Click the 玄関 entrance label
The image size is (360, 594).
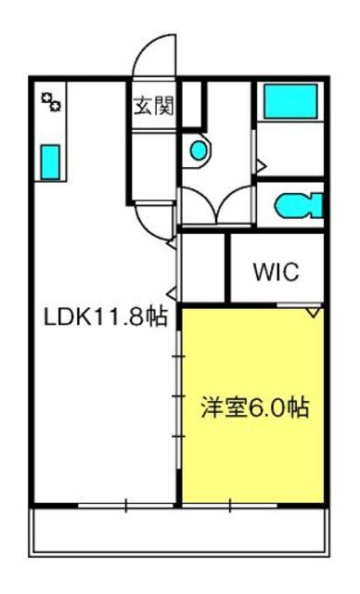[x=154, y=105]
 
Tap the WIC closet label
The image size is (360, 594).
[x=276, y=271]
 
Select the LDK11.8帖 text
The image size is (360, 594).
[x=106, y=316]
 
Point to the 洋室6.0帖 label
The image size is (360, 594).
[x=255, y=407]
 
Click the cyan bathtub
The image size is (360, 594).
[x=290, y=101]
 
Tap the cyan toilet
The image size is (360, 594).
[x=299, y=206]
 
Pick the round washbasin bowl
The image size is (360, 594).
[x=199, y=150]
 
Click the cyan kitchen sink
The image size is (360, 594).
[x=50, y=162]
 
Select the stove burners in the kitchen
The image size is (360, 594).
[x=51, y=101]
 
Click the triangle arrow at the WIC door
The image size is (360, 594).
[x=314, y=312]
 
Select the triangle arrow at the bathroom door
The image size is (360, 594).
[x=261, y=165]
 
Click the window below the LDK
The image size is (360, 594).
[x=126, y=505]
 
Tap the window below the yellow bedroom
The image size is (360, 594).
[x=230, y=505]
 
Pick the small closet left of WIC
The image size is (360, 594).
[x=203, y=267]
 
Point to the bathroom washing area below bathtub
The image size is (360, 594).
[x=290, y=148]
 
